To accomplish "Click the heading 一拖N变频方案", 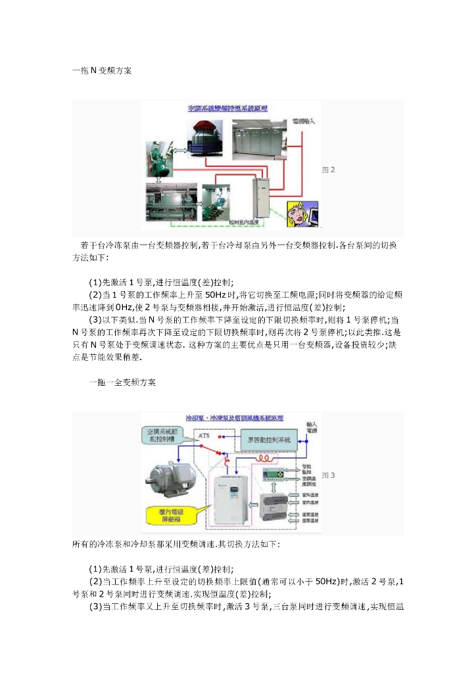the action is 102,70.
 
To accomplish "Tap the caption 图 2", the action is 328,170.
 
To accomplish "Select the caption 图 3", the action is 328,475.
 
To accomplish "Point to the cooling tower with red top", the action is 206,138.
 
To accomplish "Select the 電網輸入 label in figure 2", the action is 303,122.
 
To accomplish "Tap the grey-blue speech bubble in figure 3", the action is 166,434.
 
